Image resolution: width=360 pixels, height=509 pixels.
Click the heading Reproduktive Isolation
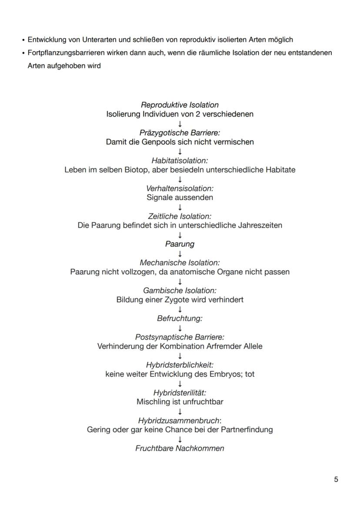(x=180, y=105)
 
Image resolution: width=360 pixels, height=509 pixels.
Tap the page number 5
(x=336, y=479)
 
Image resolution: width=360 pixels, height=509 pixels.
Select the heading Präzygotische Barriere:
(x=180, y=133)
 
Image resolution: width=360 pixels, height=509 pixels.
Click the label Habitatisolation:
(x=180, y=160)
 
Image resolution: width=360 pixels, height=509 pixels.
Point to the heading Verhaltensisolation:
(x=180, y=188)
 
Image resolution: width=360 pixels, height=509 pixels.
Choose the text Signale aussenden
(x=180, y=197)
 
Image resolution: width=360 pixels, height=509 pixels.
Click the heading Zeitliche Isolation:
(x=180, y=216)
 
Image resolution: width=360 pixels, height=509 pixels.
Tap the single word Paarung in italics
(x=180, y=244)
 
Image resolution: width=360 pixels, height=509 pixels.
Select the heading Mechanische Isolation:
(x=180, y=263)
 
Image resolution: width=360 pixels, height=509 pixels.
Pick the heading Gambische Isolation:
(x=180, y=290)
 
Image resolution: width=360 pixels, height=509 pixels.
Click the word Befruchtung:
(x=180, y=318)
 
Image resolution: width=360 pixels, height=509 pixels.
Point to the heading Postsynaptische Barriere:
(x=180, y=337)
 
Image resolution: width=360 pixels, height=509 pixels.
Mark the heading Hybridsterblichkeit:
(x=180, y=365)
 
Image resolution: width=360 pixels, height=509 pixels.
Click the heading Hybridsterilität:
(x=180, y=393)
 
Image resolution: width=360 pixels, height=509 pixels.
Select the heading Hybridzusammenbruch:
(x=180, y=420)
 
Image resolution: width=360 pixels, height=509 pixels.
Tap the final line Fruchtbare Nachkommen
(x=180, y=448)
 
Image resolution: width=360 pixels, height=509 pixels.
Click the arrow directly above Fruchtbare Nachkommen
(x=180, y=439)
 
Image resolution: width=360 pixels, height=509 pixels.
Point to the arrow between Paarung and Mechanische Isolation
(x=180, y=253)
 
